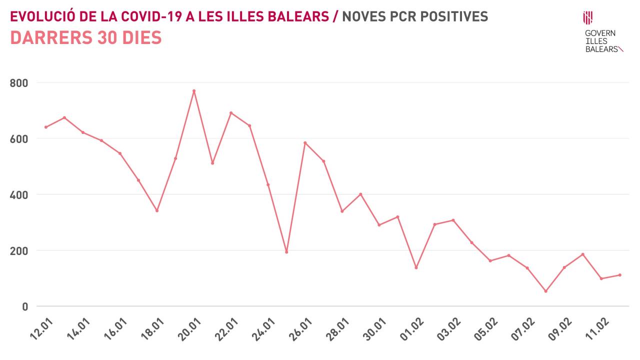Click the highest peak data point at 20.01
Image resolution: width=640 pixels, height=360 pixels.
(194, 91)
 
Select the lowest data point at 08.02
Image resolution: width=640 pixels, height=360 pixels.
(545, 291)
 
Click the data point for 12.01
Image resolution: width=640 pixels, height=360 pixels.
(46, 127)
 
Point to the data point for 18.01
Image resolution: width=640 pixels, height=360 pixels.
(157, 210)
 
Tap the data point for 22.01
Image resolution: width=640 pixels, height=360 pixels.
(231, 113)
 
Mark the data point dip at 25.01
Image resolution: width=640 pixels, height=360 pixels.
(286, 252)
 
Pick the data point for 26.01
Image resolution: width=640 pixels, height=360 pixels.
(305, 143)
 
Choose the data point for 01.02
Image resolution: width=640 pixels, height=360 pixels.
(416, 267)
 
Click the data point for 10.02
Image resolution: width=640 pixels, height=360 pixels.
(582, 254)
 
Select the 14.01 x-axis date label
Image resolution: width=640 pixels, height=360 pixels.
(78, 329)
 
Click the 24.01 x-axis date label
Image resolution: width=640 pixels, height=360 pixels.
(263, 329)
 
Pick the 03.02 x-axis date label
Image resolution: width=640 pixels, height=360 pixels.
(448, 329)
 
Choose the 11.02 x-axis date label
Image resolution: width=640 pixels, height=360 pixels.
(596, 329)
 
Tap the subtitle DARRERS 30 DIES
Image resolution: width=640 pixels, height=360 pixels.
(86, 38)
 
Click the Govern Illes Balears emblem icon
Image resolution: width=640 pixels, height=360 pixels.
(588, 18)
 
